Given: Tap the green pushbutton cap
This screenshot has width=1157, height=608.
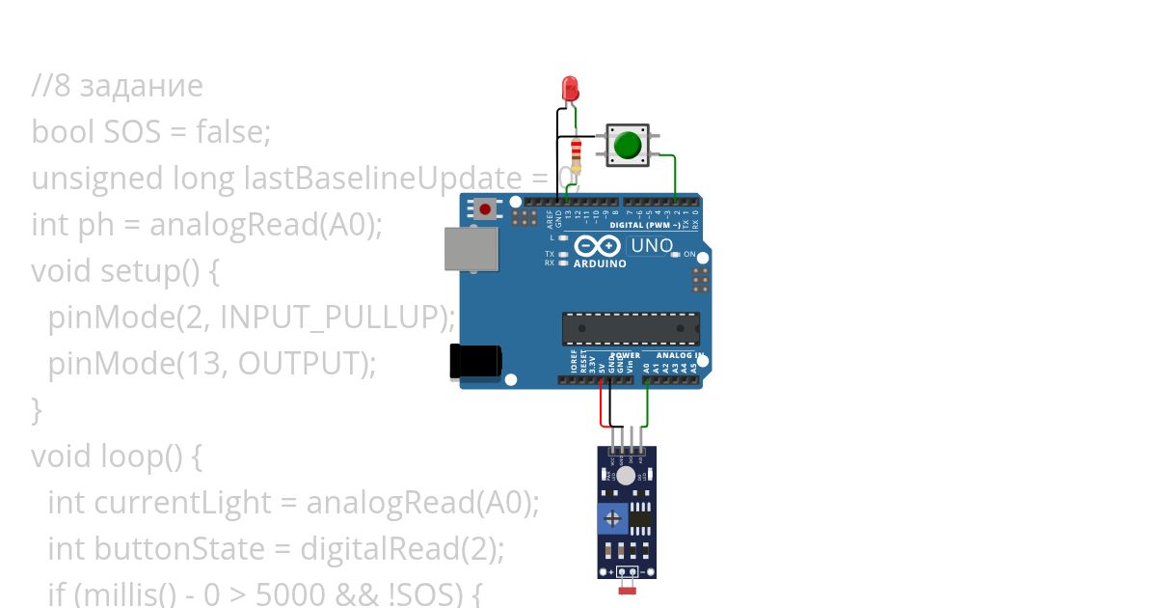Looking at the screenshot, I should (628, 146).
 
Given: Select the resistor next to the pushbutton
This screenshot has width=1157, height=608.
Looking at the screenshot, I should (577, 152).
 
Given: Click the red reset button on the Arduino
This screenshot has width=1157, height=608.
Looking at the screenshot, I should (485, 208).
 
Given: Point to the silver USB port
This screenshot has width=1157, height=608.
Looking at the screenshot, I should (471, 248).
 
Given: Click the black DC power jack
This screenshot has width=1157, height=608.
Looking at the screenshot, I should (476, 361).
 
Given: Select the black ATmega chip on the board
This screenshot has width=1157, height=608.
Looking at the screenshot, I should (631, 328).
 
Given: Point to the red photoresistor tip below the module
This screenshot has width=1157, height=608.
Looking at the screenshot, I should (626, 588).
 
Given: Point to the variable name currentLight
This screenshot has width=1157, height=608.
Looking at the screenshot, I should (183, 503).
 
